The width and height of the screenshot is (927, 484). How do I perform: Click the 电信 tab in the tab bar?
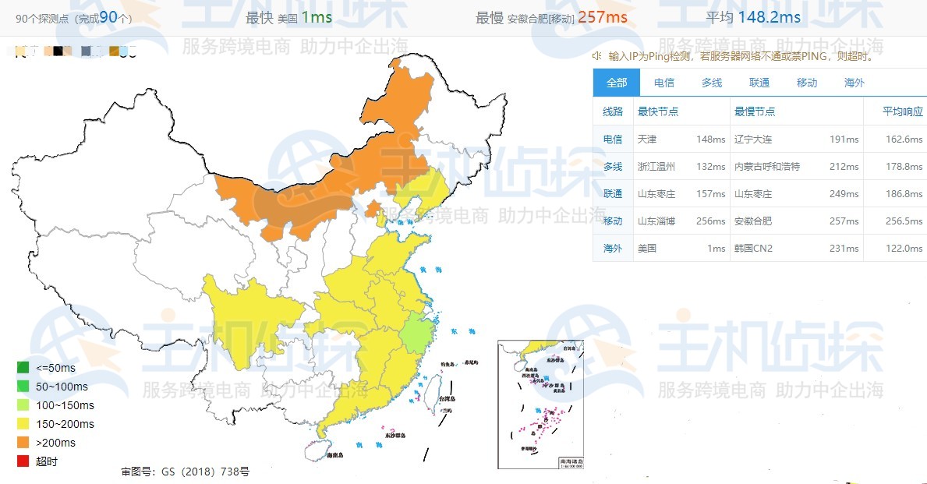(x=664, y=83)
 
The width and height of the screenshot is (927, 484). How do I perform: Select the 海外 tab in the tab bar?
(x=854, y=83)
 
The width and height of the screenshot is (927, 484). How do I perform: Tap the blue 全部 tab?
(x=617, y=83)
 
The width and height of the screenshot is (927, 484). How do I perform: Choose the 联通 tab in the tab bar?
(x=759, y=83)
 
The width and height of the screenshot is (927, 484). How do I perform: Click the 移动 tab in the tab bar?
(x=807, y=83)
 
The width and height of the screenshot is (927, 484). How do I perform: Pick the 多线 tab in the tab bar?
(x=712, y=83)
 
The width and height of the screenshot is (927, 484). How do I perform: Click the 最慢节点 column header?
(x=755, y=111)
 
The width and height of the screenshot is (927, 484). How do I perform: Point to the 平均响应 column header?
(x=903, y=111)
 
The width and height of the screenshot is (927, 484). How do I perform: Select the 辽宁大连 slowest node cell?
(x=753, y=140)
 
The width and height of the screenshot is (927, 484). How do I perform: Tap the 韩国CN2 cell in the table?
(x=753, y=249)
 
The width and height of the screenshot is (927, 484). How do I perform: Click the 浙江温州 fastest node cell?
(x=656, y=167)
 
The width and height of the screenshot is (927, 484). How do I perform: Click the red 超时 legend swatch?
(x=23, y=461)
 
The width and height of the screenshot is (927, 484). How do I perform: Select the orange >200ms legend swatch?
(x=23, y=443)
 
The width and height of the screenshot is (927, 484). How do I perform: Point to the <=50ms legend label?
(x=56, y=368)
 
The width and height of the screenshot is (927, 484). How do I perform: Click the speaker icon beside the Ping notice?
(x=597, y=55)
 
